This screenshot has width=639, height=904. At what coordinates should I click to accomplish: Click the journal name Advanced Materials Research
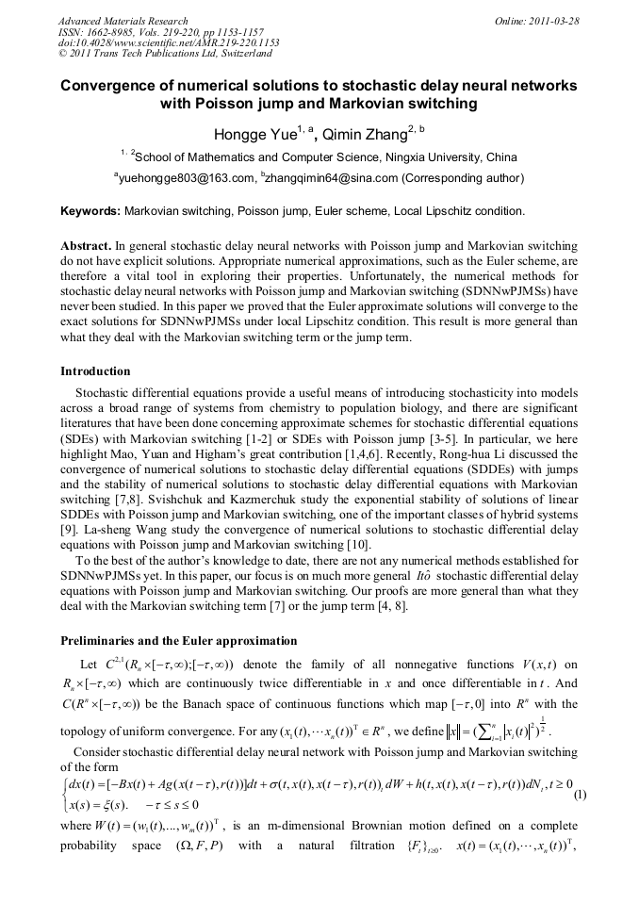click(123, 21)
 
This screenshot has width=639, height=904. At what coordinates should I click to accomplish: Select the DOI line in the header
click(169, 43)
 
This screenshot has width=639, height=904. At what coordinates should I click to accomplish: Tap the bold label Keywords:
click(90, 210)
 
